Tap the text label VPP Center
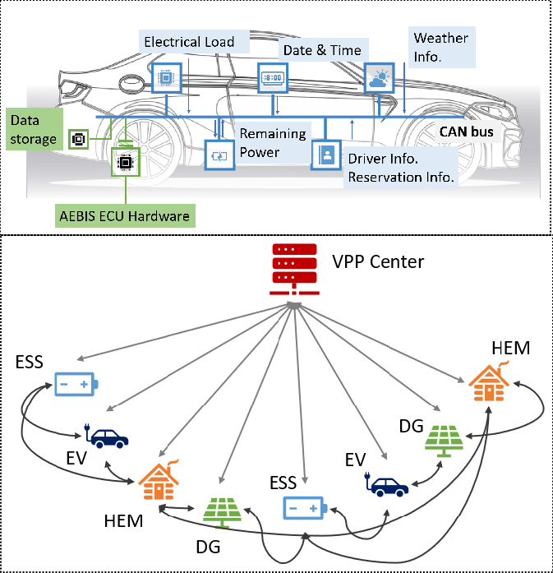coord(378,262)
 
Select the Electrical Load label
coord(189,42)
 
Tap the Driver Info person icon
coord(325,155)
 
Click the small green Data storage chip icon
coord(79,139)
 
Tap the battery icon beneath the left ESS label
coord(76,384)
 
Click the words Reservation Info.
coord(402,177)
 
